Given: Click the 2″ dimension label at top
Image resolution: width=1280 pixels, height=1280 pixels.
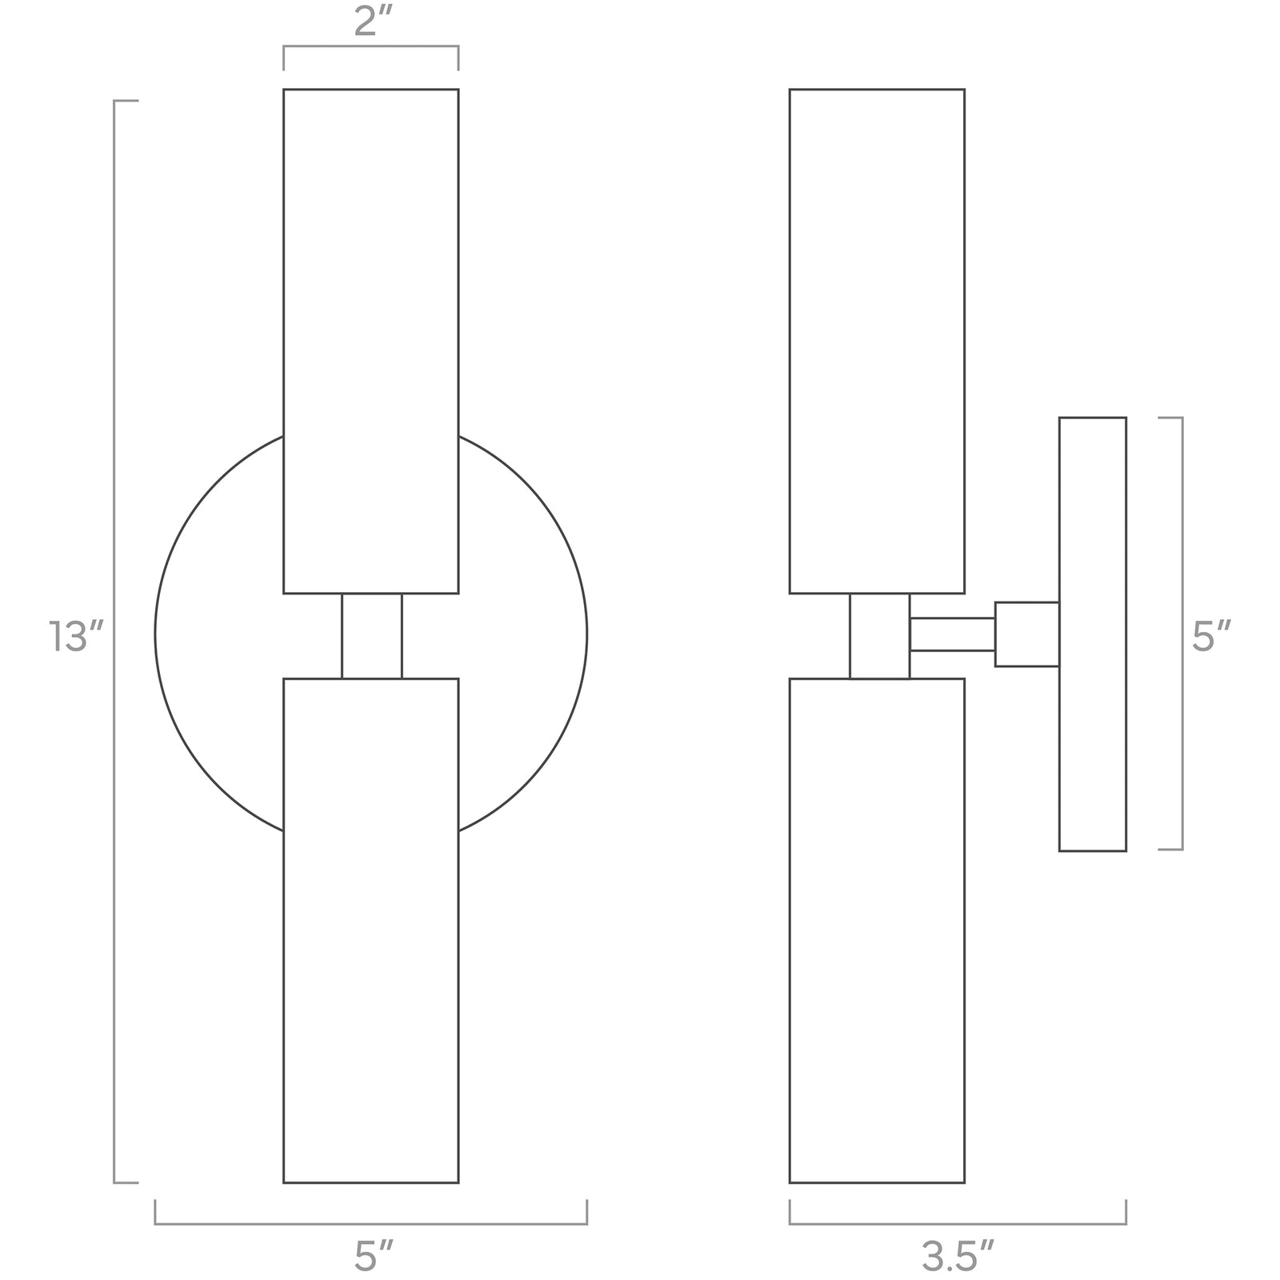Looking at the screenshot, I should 370,22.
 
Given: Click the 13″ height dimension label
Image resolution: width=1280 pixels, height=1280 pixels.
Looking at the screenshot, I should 77,637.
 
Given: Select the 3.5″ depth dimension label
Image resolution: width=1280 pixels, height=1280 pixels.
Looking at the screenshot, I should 958,1257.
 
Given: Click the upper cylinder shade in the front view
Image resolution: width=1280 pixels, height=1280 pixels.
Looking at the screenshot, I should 370,340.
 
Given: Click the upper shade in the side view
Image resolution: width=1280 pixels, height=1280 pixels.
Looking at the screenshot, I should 877,340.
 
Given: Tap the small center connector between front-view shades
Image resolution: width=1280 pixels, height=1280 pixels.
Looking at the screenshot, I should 371,636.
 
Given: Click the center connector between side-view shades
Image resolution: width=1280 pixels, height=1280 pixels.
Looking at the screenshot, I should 879,636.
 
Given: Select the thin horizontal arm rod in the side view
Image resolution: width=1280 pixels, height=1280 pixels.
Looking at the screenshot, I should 952,634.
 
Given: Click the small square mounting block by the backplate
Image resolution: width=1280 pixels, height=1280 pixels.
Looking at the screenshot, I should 1026,634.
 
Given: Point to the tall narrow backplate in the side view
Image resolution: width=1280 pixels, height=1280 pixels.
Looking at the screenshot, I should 1092,634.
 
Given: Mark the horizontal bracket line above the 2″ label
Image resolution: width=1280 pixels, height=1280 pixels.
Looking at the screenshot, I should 370,48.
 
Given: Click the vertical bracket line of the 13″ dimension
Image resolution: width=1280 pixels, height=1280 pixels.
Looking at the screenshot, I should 115,640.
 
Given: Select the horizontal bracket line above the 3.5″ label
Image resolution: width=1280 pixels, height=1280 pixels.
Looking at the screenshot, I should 958,1223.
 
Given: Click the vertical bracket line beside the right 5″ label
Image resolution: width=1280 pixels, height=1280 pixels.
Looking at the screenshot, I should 1182,634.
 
